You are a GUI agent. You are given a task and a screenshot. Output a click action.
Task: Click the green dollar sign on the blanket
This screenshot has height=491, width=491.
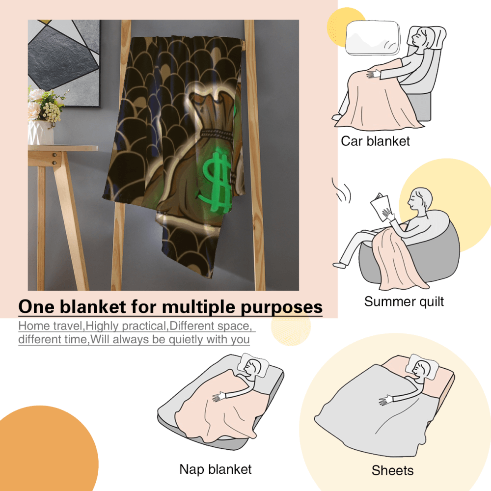[216, 182]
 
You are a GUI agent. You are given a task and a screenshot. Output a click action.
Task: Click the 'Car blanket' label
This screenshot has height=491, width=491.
[375, 141]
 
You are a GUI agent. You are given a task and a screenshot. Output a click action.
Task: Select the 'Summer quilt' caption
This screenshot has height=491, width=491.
[404, 301]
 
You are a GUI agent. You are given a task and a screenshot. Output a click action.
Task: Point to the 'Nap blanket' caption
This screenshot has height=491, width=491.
[216, 469]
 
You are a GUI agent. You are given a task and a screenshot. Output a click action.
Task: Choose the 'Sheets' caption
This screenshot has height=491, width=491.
[392, 470]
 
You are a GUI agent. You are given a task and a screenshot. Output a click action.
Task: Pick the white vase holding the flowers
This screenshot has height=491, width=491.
[40, 133]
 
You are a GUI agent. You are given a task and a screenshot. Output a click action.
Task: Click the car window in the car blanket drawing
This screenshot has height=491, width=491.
[372, 38]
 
